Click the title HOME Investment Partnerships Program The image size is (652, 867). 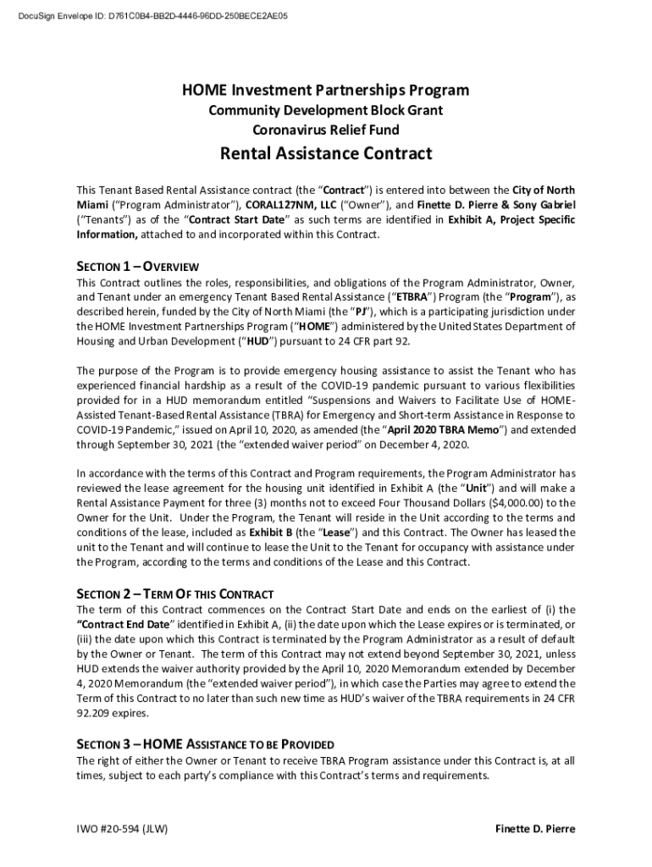tap(326, 91)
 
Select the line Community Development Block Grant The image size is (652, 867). tap(326, 111)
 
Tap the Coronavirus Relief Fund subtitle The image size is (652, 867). tap(326, 130)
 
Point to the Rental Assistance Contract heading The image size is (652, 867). tap(326, 154)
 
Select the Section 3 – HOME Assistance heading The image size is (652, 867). tap(205, 744)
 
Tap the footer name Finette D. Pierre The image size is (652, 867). tap(535, 829)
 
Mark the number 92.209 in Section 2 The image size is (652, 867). tap(95, 713)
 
